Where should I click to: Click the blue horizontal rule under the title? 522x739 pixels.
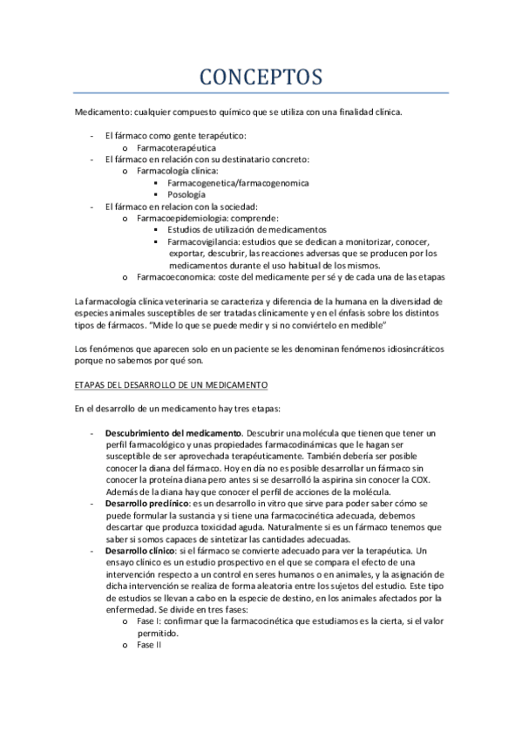click(261, 93)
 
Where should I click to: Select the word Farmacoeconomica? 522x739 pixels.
click(175, 277)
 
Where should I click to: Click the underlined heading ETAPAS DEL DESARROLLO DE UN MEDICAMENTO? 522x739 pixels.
click(171, 384)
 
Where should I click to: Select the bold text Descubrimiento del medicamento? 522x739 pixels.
click(173, 433)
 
